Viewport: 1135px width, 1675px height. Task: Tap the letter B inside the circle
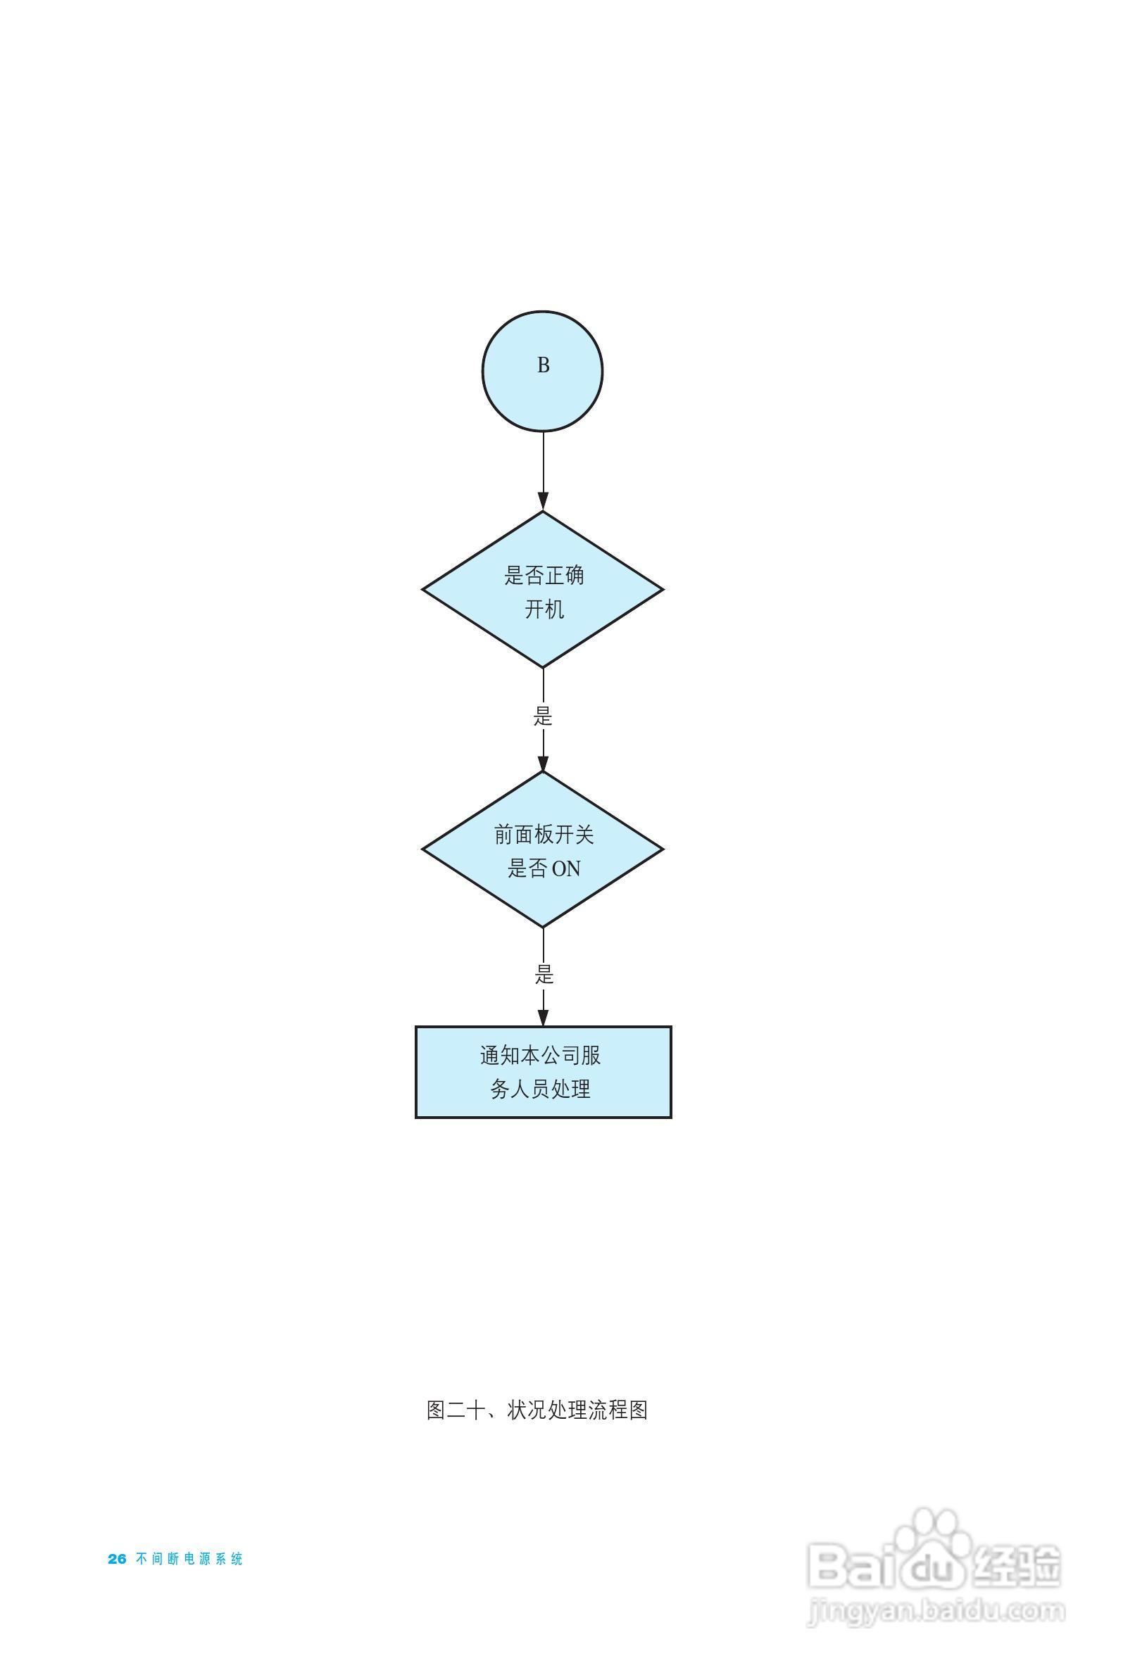pos(543,365)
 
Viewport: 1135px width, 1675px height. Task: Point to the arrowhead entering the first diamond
pos(543,502)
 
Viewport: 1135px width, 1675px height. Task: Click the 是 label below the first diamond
pos(543,716)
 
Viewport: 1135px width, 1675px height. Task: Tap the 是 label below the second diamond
pos(544,975)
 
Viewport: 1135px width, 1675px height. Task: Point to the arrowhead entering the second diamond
pos(543,762)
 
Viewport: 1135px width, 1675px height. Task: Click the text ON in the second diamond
pos(565,869)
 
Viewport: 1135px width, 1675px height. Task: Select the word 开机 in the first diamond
pos(544,609)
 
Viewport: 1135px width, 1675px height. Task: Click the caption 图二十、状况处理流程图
pos(537,1410)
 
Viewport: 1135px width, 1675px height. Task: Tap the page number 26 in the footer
pos(117,1559)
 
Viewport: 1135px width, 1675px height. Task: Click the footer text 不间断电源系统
pos(189,1559)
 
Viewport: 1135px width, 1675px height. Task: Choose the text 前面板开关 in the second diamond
pos(544,835)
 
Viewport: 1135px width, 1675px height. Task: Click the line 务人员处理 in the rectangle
pos(541,1089)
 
